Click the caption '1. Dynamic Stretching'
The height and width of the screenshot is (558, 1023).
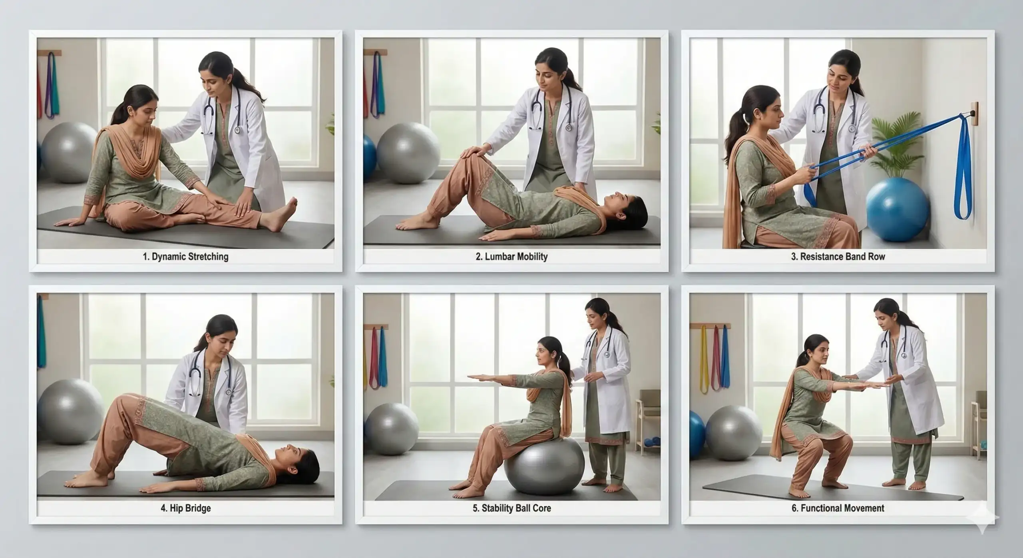click(x=185, y=257)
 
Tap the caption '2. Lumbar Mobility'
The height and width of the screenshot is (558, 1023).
click(x=511, y=257)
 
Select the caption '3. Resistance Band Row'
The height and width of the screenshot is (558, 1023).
click(x=838, y=257)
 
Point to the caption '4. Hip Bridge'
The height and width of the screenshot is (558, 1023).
click(x=185, y=508)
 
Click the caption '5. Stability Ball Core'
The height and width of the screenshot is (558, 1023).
click(x=511, y=508)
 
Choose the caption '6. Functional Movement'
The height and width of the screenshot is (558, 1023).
click(x=838, y=508)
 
